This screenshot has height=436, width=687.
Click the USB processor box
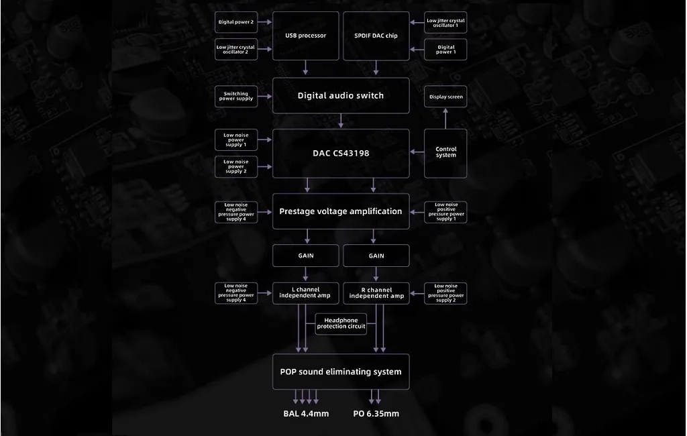pos(305,36)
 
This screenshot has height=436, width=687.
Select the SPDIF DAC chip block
pos(376,36)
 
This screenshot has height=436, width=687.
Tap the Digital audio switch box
pos(341,95)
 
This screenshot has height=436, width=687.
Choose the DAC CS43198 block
pos(341,154)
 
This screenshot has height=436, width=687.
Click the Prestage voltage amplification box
pos(341,211)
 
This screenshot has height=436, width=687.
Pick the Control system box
pos(445,154)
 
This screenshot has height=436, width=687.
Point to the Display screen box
pos(445,97)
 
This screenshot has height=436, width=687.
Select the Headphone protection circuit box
pos(341,324)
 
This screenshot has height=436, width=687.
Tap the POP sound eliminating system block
pos(341,372)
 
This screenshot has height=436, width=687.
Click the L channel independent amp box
pos(305,293)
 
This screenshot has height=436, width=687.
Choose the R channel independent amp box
pos(376,293)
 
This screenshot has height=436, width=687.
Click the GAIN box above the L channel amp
pos(305,256)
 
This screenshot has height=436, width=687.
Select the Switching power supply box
pos(236,97)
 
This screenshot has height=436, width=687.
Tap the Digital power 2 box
pos(236,22)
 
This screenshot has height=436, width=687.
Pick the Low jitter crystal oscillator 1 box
pos(445,22)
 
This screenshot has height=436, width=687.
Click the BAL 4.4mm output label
pos(306,414)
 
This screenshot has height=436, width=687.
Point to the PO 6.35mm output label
pos(376,414)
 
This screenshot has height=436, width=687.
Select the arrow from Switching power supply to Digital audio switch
pos(265,97)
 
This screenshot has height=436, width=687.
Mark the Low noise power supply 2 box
pos(236,166)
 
